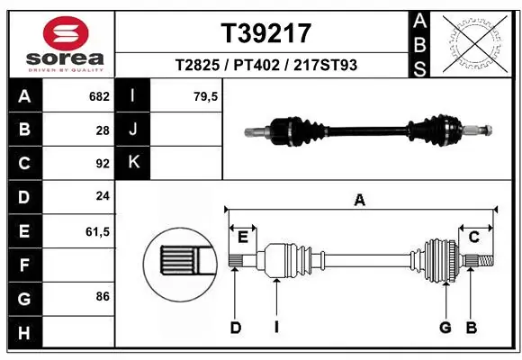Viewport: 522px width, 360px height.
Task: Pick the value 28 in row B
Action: click(x=103, y=130)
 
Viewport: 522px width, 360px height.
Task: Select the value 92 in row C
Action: click(x=103, y=164)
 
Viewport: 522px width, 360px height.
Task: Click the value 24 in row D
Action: click(x=103, y=196)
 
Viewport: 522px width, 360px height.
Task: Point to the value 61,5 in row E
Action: click(x=97, y=231)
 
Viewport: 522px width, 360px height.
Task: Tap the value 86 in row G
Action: click(x=103, y=296)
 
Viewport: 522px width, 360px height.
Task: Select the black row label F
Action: click(x=23, y=265)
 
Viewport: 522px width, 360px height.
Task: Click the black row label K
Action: click(x=133, y=163)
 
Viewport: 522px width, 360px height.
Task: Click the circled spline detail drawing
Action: click(x=178, y=261)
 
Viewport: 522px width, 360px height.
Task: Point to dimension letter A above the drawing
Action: click(x=360, y=201)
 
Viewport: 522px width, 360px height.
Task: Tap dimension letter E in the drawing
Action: click(x=242, y=236)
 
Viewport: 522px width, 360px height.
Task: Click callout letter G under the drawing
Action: click(x=445, y=328)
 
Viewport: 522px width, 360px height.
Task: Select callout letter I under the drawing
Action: click(x=276, y=328)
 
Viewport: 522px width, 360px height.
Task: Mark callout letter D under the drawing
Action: click(x=235, y=328)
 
